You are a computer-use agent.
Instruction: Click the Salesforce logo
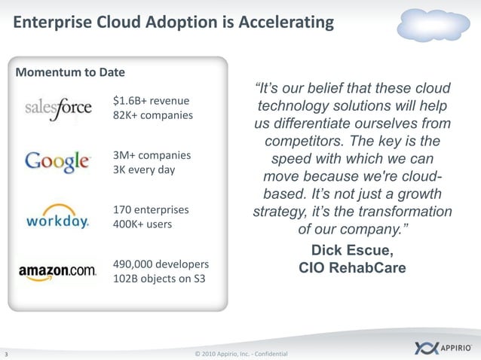[x=58, y=108]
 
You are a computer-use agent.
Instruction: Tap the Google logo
[x=58, y=161]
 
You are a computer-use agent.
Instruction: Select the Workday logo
[x=58, y=216]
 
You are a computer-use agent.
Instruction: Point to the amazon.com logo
[x=57, y=271]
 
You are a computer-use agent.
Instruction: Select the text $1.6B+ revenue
[x=151, y=100]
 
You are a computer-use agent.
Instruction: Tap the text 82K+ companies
[x=152, y=115]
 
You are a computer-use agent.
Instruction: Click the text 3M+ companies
[x=152, y=155]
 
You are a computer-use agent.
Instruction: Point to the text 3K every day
[x=143, y=169]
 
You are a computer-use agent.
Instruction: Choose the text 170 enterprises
[x=151, y=209]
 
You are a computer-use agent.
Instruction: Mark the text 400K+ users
[x=142, y=224]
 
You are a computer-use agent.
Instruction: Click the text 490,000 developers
[x=161, y=264]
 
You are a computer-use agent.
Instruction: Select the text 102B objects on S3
[x=158, y=279]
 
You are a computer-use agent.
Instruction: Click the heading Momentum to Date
[x=70, y=72]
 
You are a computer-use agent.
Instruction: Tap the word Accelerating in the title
[x=286, y=23]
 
